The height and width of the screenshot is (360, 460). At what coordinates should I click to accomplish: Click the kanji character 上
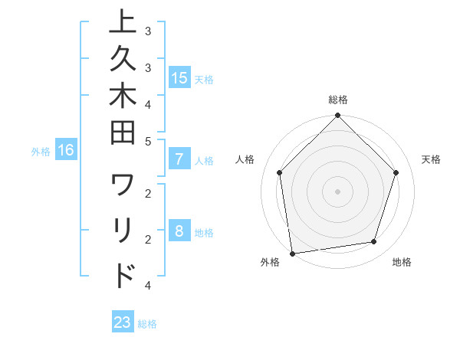point(123,23)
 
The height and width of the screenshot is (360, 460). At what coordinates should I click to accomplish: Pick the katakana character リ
point(123,230)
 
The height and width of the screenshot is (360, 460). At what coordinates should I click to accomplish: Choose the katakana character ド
point(123,274)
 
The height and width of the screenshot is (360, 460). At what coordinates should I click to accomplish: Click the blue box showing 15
point(179,78)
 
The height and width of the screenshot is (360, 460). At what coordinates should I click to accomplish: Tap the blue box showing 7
point(179,160)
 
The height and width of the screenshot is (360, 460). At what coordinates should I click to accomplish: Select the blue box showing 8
point(179,232)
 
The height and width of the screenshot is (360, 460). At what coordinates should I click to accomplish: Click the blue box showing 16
point(66,151)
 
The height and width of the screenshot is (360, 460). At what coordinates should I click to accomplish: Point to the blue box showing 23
point(123,322)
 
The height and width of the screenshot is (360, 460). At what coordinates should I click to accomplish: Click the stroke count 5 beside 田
point(148,141)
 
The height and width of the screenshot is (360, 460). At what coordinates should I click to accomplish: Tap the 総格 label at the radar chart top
point(338,100)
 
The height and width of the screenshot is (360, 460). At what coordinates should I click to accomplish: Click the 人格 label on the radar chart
point(245,159)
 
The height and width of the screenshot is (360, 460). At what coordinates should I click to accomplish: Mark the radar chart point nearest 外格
point(292,253)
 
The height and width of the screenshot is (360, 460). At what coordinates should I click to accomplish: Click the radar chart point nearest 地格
point(374,242)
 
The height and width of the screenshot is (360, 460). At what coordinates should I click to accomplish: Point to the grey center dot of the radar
point(338,190)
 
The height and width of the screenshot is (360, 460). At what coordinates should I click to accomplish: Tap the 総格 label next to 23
point(147,324)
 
